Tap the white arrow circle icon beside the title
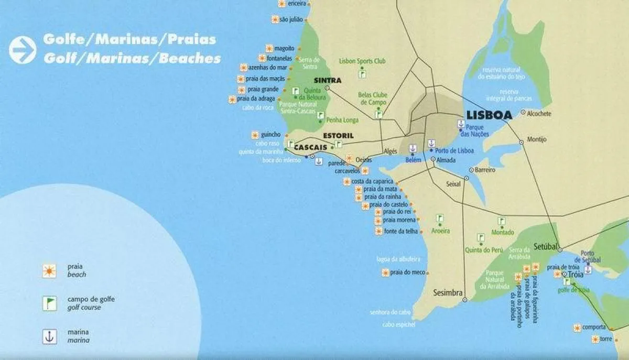coord(22,50)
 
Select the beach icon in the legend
coord(49,270)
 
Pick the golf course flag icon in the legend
coord(49,303)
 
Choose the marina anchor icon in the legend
coord(49,336)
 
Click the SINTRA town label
coord(328,81)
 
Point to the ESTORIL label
coord(339,136)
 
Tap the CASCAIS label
coord(310,148)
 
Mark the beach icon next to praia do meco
coord(385,272)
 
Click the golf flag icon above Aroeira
coord(439,218)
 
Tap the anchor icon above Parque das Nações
coord(461,124)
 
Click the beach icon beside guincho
coord(255,135)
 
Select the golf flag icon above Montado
coord(502,221)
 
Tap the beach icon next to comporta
coord(577,328)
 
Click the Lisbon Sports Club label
coord(362,61)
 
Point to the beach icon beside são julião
coord(275,19)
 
